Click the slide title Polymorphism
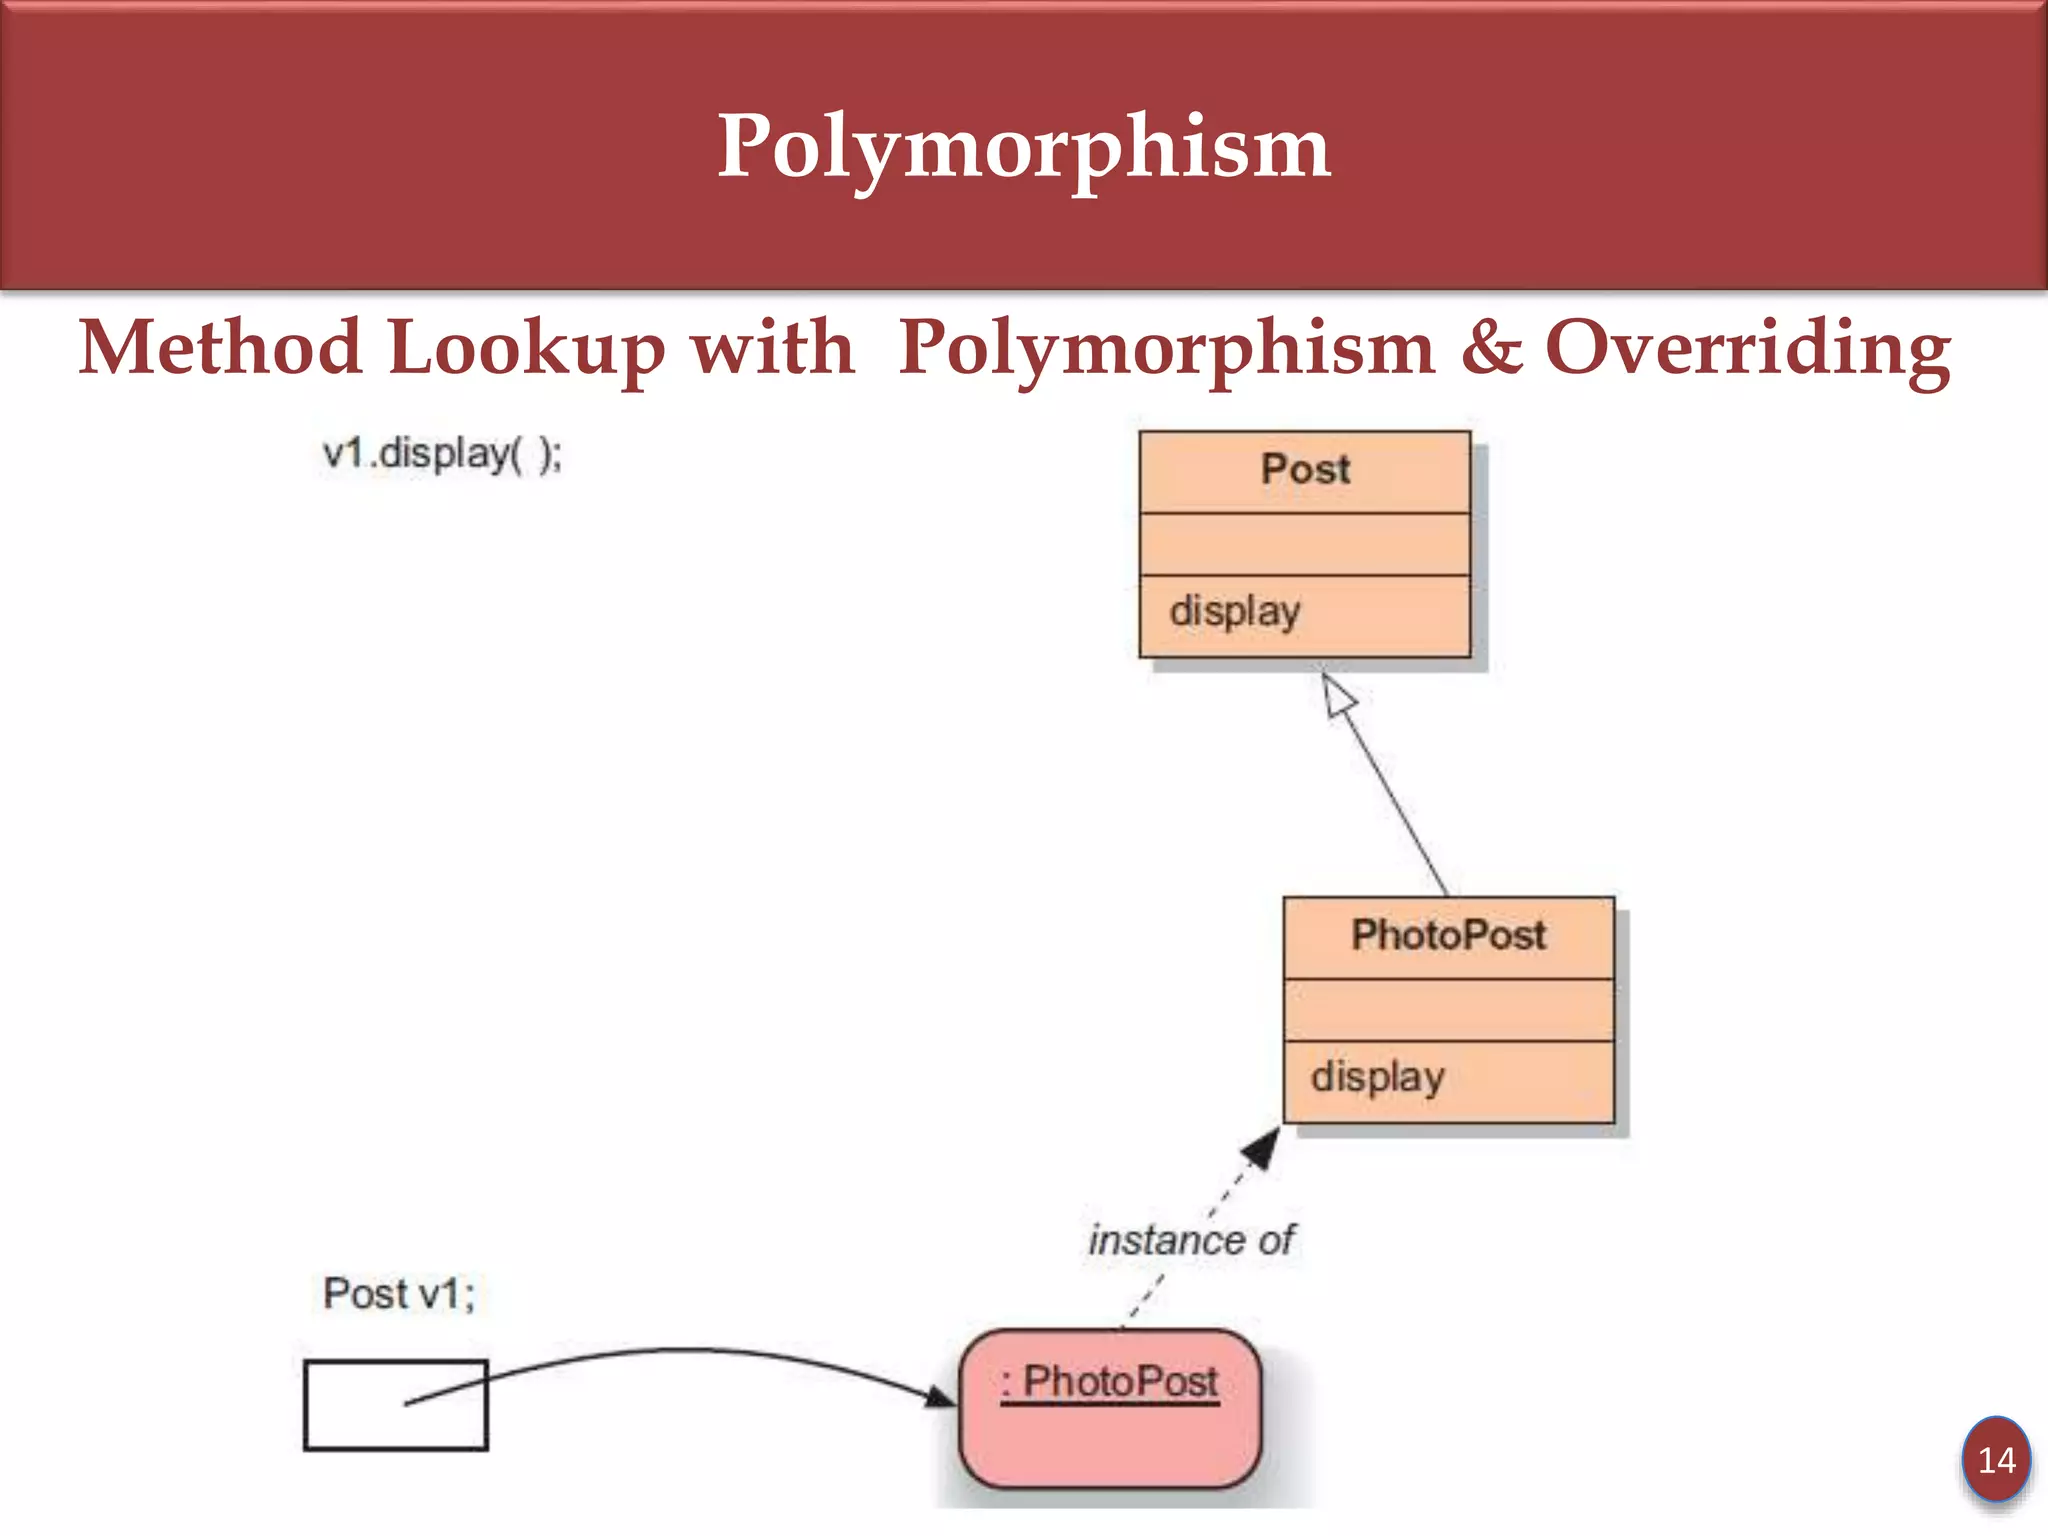click(x=1023, y=147)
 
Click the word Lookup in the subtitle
click(x=526, y=348)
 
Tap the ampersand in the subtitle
click(x=1490, y=347)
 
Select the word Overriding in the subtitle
click(x=1747, y=348)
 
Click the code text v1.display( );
click(x=442, y=455)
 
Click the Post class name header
click(x=1304, y=470)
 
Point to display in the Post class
click(x=1235, y=611)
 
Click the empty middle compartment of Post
click(x=1304, y=545)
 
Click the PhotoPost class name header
click(x=1448, y=936)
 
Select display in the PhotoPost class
click(x=1377, y=1078)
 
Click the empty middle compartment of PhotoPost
click(x=1448, y=1010)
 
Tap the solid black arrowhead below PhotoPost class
click(x=1261, y=1147)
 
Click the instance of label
click(x=1191, y=1241)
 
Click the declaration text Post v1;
click(x=399, y=1294)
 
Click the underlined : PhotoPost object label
click(x=1110, y=1383)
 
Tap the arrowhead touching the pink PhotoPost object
click(x=940, y=1396)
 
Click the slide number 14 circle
click(x=1996, y=1460)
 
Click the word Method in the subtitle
click(x=220, y=348)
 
